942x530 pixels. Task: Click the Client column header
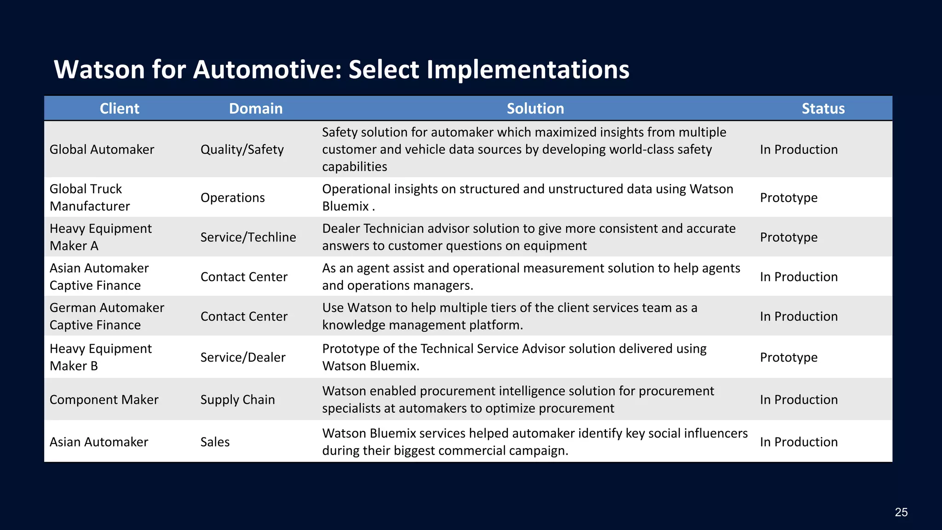point(119,109)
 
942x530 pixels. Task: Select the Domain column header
point(256,109)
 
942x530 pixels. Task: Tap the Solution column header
point(535,109)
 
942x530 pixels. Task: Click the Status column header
point(823,109)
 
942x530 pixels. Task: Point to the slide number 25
point(901,512)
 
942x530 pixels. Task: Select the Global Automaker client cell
point(102,150)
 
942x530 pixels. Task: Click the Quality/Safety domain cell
point(242,150)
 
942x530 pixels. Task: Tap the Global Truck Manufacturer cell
point(90,197)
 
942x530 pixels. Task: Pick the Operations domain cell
point(232,198)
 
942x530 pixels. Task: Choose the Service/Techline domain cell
point(248,237)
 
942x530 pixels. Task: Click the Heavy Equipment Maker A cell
point(100,237)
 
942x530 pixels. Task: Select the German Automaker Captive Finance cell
point(106,316)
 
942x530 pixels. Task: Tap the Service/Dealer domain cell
point(243,357)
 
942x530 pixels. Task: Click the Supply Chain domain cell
point(237,400)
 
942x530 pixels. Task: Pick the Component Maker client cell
point(103,400)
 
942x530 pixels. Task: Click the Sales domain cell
point(215,442)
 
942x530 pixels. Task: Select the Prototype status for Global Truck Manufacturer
point(788,198)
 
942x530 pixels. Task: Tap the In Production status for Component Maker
point(798,400)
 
